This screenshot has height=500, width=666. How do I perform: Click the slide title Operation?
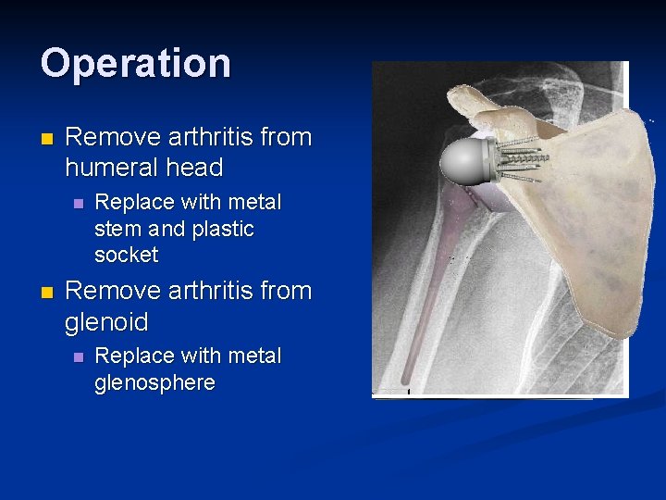pyautogui.click(x=136, y=64)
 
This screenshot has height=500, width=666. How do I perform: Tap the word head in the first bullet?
pyautogui.click(x=192, y=168)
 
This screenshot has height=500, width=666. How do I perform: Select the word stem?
pyautogui.click(x=116, y=229)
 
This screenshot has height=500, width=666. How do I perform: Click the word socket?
pyautogui.click(x=126, y=255)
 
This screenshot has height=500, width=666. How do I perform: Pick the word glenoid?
pyautogui.click(x=106, y=322)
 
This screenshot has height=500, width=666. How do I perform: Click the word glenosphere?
pyautogui.click(x=154, y=382)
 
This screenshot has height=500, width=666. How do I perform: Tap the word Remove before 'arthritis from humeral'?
pyautogui.click(x=112, y=137)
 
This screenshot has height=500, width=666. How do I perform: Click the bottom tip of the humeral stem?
pyautogui.click(x=406, y=380)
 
